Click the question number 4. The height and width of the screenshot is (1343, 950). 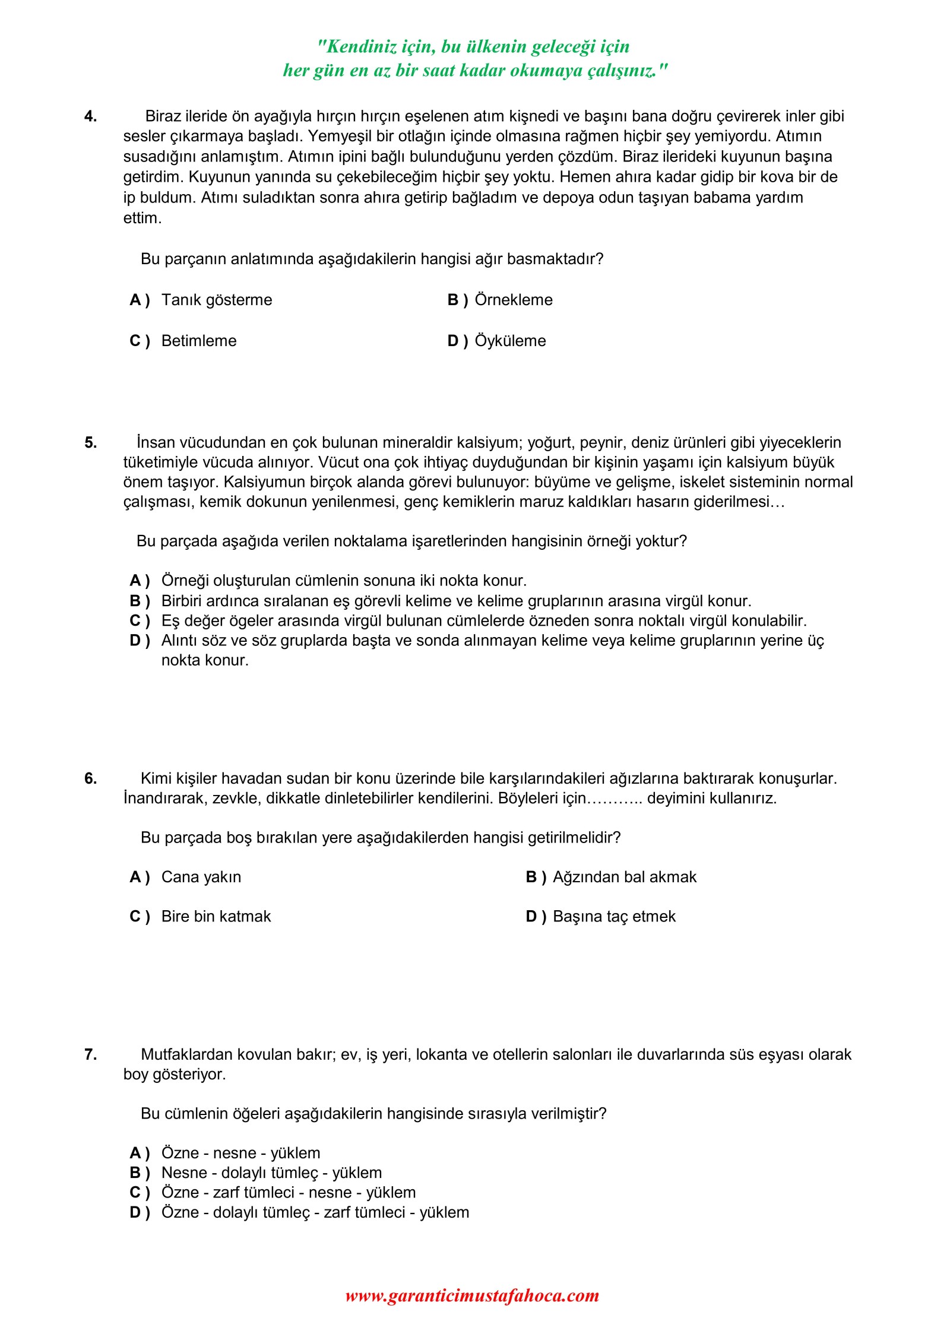pos(90,116)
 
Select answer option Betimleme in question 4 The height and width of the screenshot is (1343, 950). pos(198,341)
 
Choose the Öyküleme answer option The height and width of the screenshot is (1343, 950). pos(510,341)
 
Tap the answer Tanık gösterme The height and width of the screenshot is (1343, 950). pos(216,300)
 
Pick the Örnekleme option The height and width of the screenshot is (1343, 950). pos(513,300)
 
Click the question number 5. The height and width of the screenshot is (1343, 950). pos(90,442)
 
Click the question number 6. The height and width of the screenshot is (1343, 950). pos(90,778)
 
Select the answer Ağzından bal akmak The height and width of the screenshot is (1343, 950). pos(624,877)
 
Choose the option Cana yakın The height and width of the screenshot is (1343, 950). pos(201,877)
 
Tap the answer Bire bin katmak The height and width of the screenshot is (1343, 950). pos(216,916)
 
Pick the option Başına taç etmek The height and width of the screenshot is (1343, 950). pos(614,916)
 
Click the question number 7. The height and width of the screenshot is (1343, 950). pos(90,1054)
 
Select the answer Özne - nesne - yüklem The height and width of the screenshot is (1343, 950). pos(240,1153)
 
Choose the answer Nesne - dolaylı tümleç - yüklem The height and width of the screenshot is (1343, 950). pos(271,1173)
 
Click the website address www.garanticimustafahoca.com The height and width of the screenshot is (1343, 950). pos(472,1295)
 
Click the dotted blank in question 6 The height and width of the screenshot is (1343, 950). pos(614,799)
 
